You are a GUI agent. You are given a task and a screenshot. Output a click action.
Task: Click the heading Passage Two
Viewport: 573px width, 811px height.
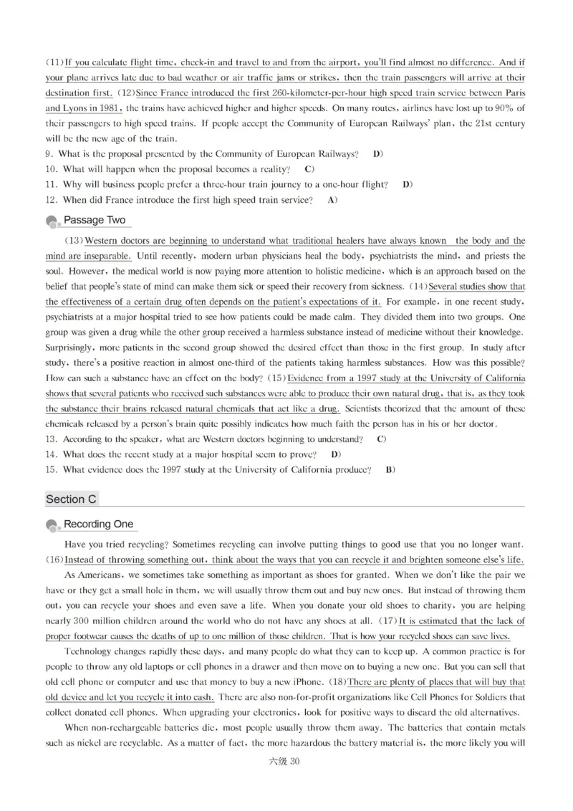click(x=94, y=220)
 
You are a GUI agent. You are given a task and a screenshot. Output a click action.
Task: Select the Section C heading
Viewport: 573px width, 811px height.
click(x=71, y=499)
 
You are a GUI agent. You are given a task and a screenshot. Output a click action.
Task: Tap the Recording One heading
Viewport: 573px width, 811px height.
click(x=99, y=524)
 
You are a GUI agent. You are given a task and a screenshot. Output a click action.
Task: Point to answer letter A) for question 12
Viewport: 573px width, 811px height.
click(x=332, y=201)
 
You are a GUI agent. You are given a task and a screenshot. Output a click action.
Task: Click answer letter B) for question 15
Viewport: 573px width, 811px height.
click(x=390, y=470)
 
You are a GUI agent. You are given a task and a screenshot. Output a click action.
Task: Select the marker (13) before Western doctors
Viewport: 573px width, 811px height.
click(x=74, y=241)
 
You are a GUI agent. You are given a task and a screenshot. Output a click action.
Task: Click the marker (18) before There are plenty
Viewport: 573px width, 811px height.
click(x=337, y=683)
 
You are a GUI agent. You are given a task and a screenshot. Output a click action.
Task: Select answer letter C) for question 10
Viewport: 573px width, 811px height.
click(x=309, y=169)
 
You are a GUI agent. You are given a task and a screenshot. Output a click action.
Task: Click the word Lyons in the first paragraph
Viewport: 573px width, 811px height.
click(x=80, y=108)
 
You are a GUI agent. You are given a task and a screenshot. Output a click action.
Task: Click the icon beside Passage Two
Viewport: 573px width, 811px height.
click(x=52, y=222)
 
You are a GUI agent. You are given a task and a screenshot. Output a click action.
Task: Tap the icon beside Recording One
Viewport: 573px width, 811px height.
click(x=52, y=527)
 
